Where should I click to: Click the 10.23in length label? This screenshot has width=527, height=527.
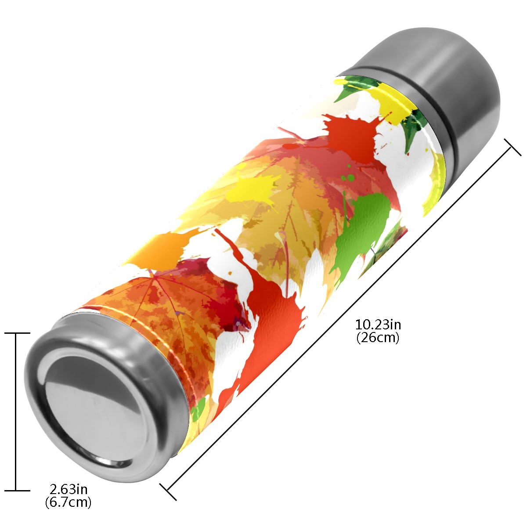point(378,325)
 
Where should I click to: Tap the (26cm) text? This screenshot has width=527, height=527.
point(378,338)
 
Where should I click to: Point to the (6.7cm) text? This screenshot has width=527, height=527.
point(69,502)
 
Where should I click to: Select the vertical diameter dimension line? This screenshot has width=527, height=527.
point(15,412)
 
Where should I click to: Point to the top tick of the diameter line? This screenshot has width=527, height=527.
point(17,333)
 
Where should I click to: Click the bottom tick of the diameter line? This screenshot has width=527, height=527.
point(17,491)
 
